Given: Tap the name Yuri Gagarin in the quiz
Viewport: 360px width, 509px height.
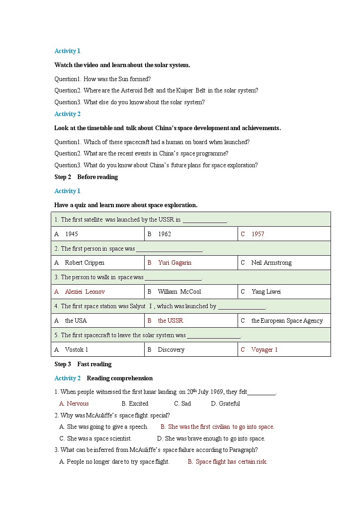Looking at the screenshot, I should click(175, 262).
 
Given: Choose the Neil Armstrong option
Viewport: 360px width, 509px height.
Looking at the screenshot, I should click(271, 262).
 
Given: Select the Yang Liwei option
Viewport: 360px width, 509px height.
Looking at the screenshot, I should click(266, 291).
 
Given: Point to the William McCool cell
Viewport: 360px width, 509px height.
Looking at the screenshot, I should click(179, 291).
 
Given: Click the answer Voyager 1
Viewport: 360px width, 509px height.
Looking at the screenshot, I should click(264, 349).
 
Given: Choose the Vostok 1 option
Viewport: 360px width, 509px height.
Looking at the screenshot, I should click(76, 349).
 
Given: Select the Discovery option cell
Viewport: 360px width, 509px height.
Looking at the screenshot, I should click(171, 349).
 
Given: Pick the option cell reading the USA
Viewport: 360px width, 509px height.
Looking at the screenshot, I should click(75, 320).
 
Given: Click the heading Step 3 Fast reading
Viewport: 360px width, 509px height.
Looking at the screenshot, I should click(83, 364).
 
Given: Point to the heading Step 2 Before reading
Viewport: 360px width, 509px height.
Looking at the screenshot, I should click(86, 177).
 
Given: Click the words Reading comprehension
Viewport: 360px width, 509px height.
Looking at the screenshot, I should click(120, 378).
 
